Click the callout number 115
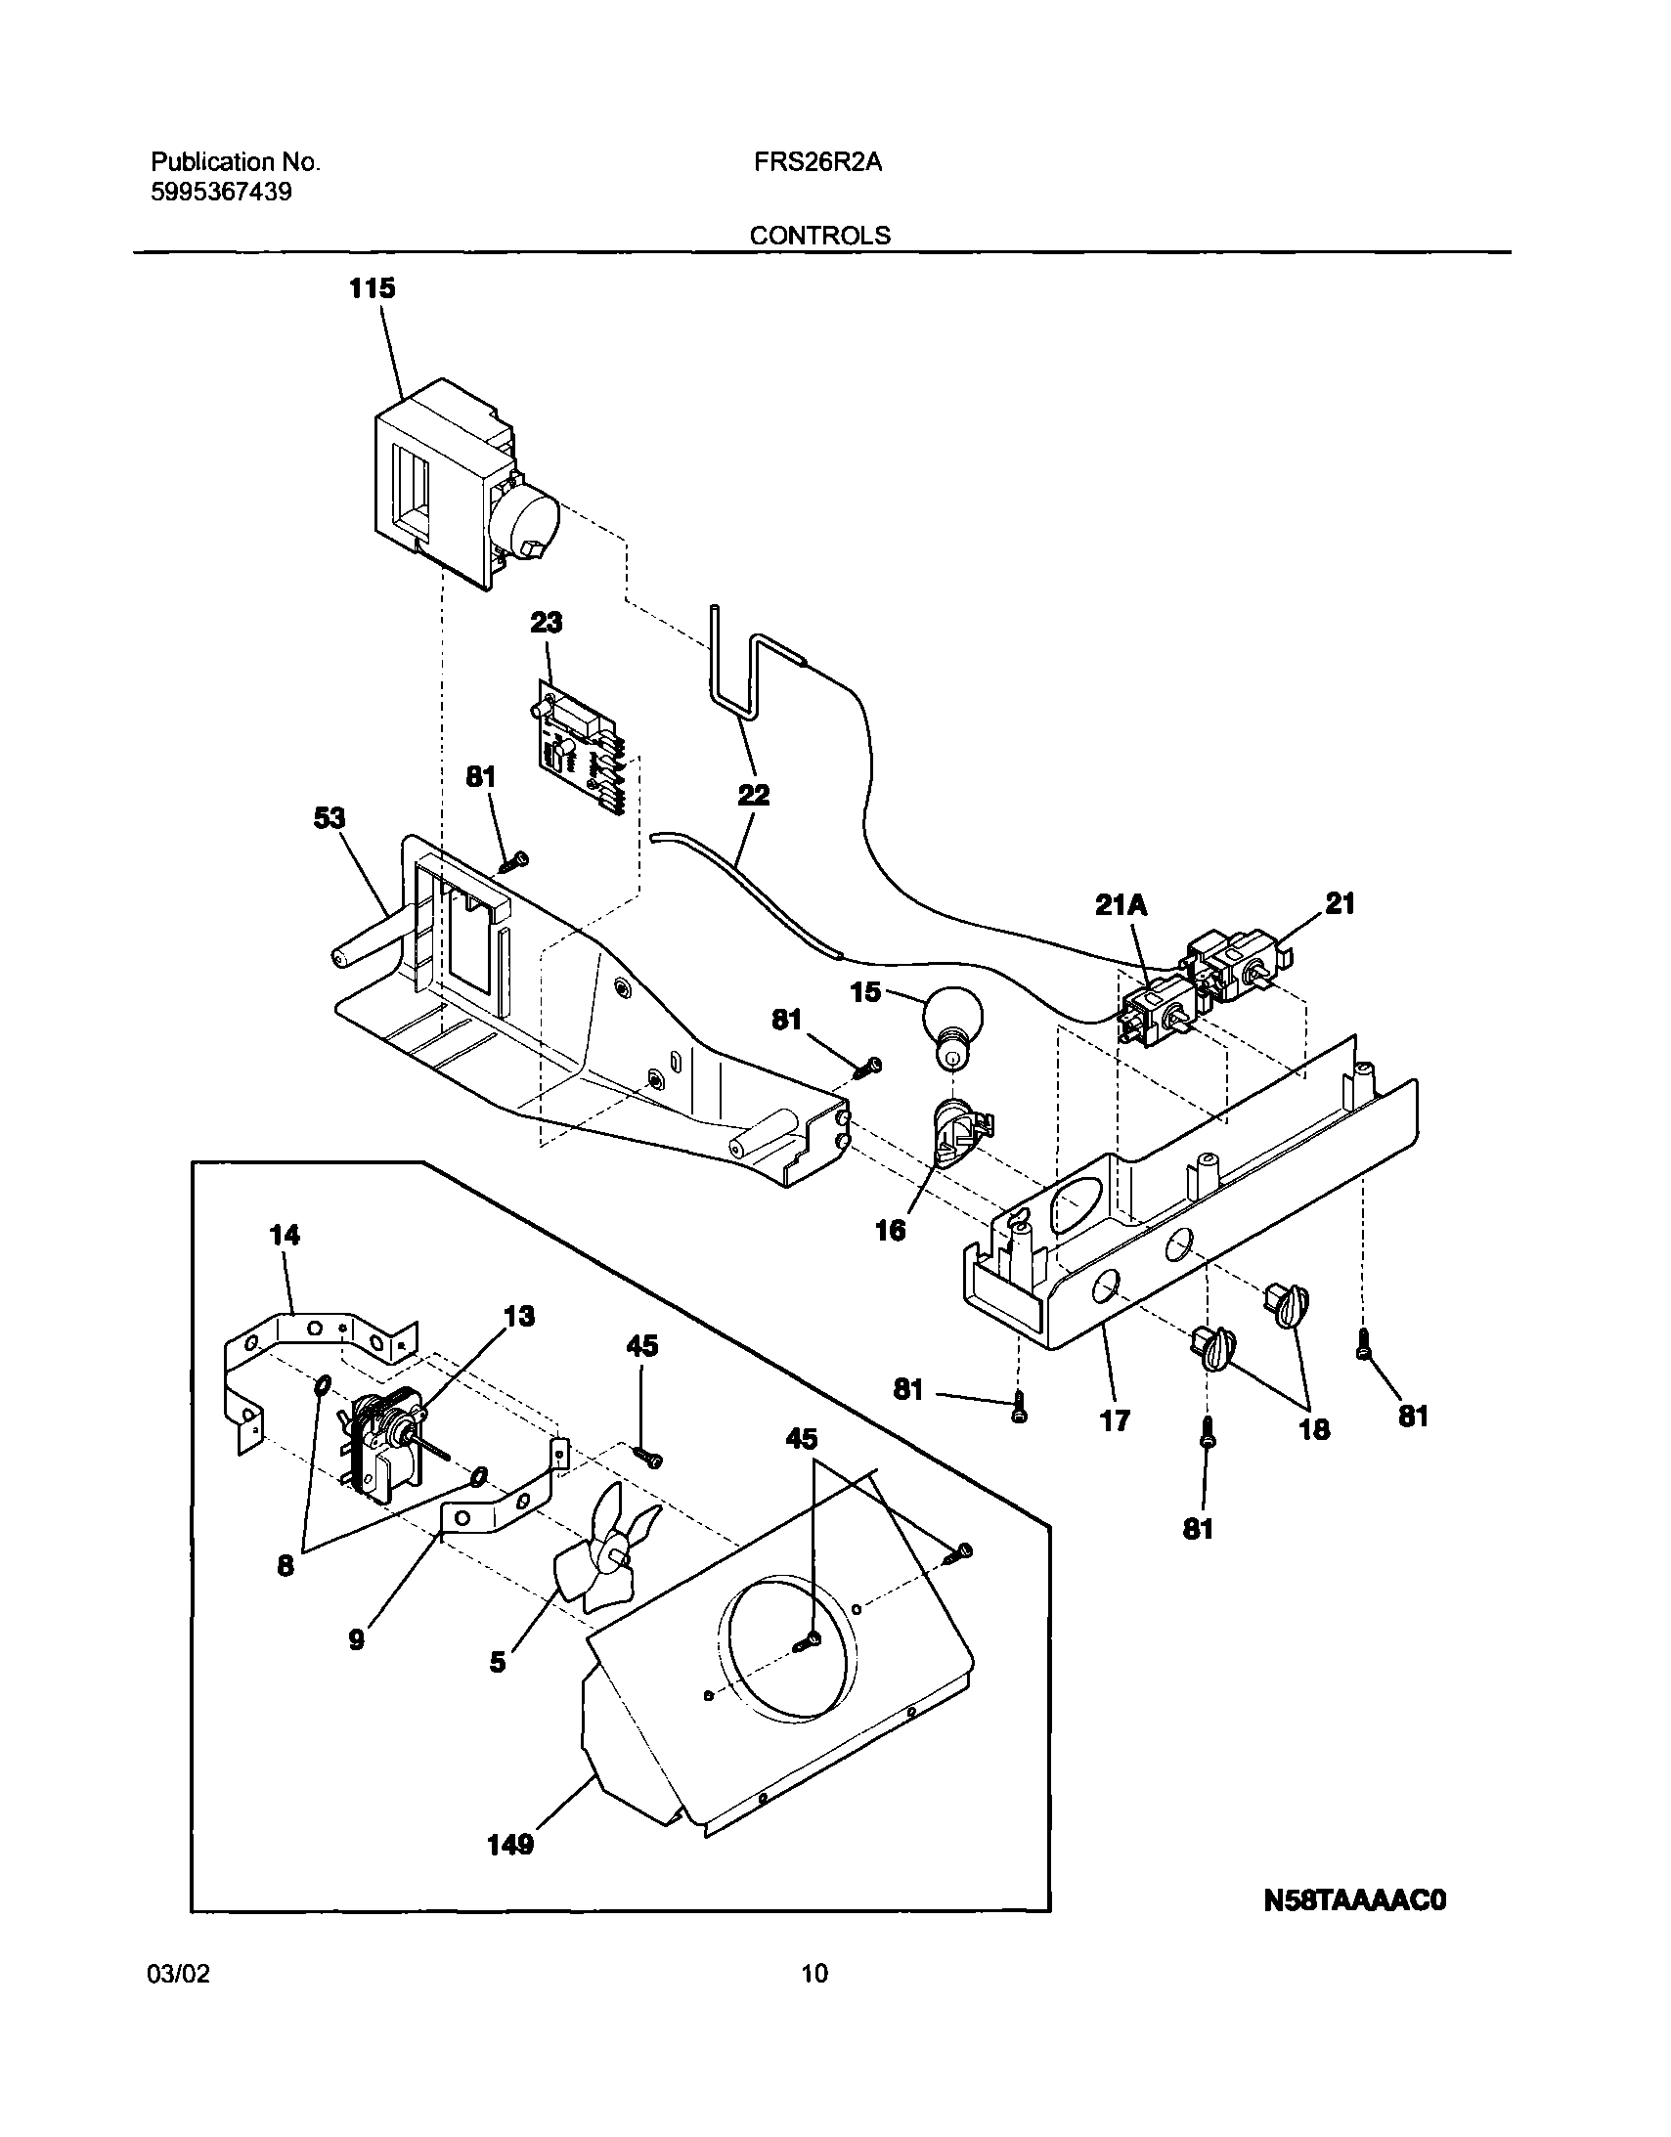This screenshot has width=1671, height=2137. pos(373,288)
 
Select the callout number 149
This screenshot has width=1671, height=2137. pos(510,1846)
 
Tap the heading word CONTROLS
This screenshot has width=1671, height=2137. pos(820,236)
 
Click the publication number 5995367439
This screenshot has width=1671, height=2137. pos(221,192)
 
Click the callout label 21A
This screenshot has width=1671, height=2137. pos(1121,906)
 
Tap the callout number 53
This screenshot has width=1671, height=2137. pos(330,818)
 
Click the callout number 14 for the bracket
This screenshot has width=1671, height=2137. pos(285,1236)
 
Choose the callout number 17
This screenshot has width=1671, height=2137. pos(1115,1420)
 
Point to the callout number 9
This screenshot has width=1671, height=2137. pos(356,1639)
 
